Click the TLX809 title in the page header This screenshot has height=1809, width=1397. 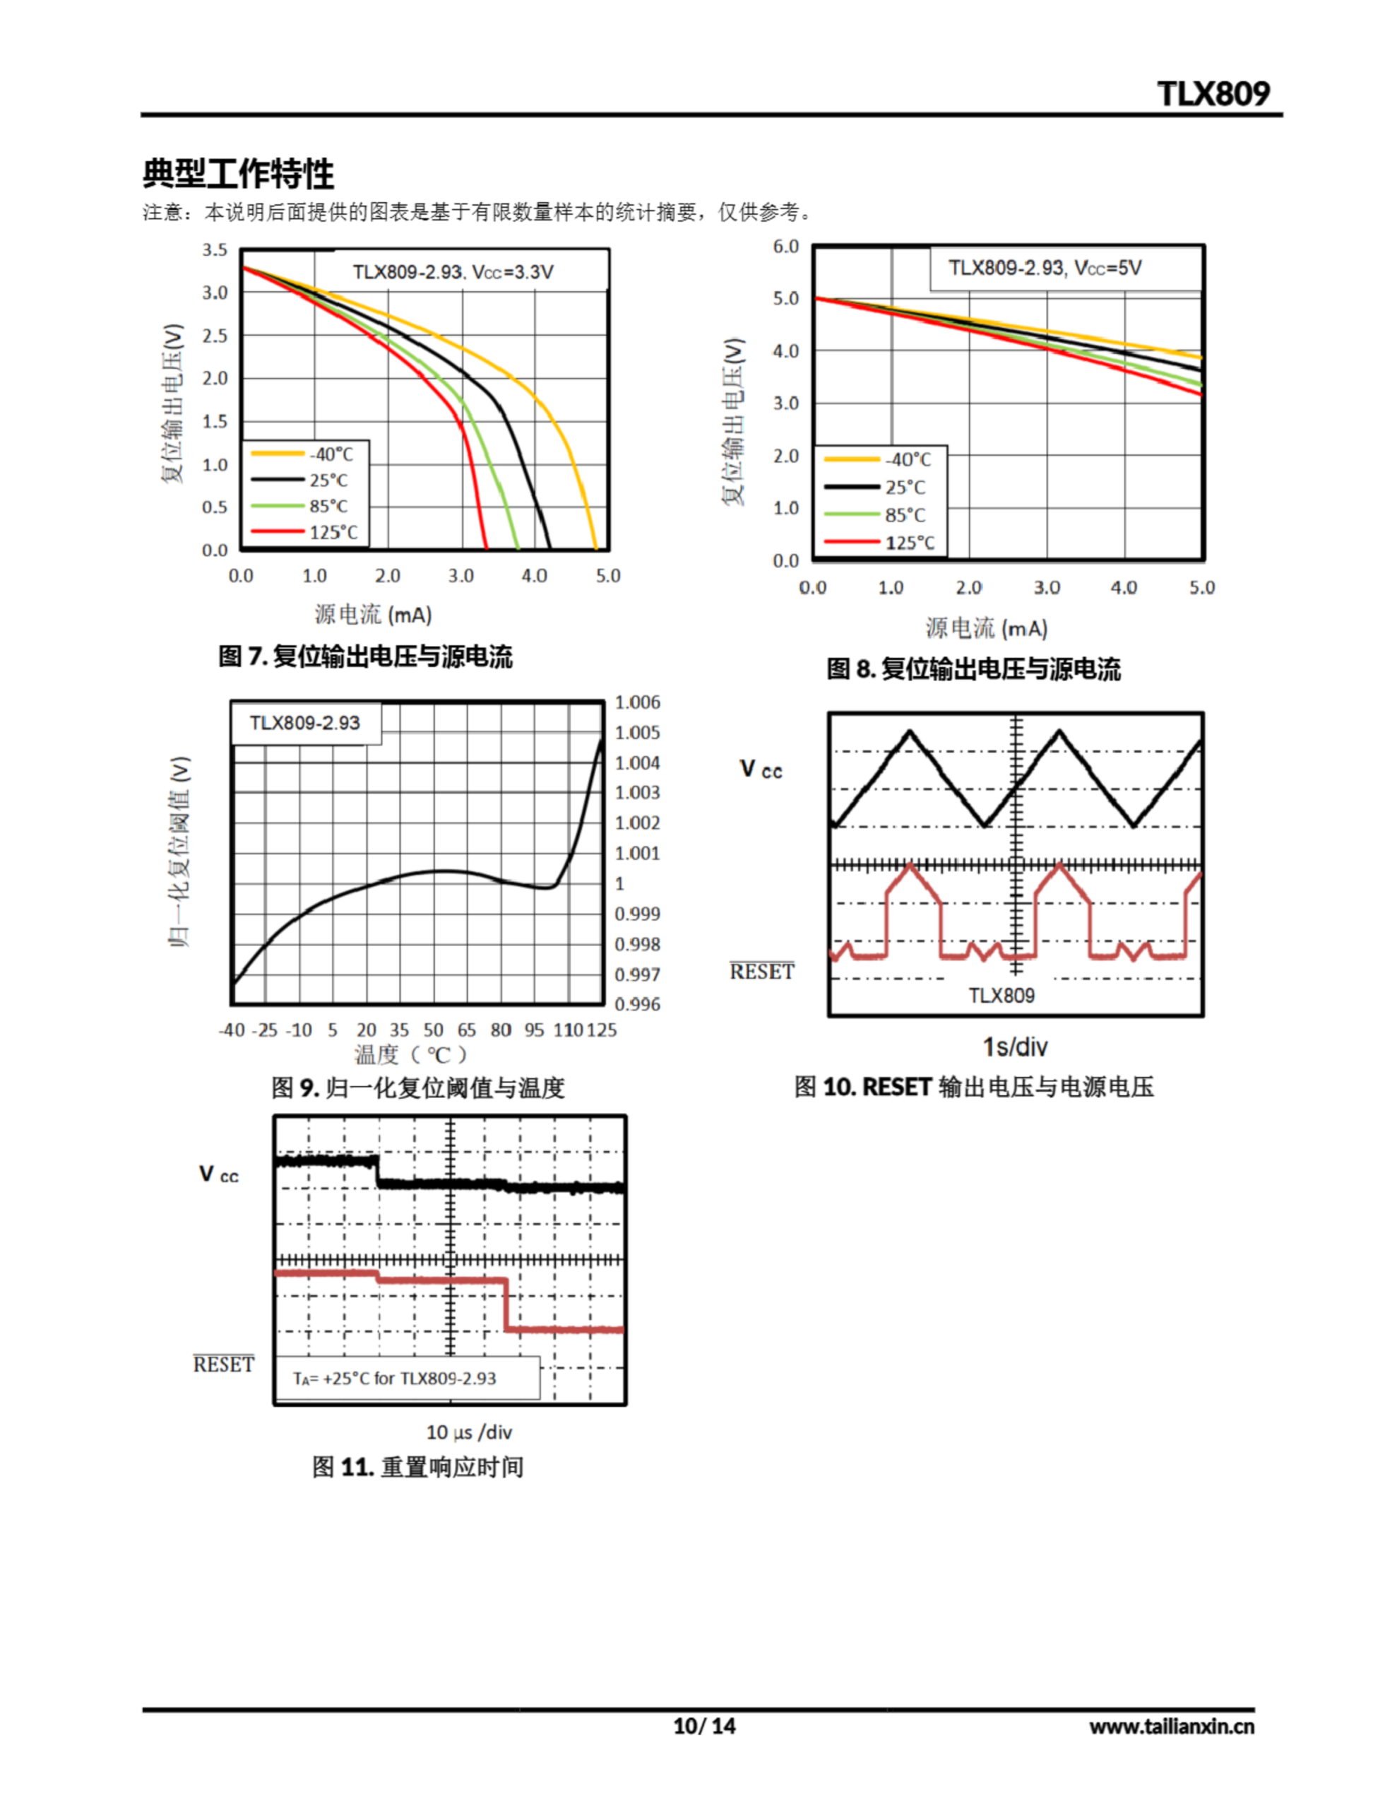click(1213, 93)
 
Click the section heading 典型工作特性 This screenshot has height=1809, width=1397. click(239, 174)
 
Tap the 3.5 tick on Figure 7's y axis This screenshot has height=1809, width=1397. click(215, 250)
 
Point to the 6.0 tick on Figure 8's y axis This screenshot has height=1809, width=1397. click(785, 247)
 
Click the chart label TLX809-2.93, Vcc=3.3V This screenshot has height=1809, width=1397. click(453, 271)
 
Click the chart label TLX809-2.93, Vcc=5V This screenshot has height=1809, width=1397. click(1045, 268)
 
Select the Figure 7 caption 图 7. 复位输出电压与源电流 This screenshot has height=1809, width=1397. click(365, 657)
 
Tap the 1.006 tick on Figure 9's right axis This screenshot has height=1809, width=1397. click(637, 702)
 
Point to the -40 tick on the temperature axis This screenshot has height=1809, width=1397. click(232, 1030)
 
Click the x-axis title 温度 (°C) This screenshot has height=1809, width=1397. click(411, 1054)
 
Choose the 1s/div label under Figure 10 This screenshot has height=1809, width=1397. click(1015, 1047)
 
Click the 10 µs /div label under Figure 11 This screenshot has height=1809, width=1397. click(469, 1432)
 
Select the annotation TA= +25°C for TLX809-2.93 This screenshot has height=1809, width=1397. click(394, 1378)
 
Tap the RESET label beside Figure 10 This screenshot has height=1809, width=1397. click(761, 972)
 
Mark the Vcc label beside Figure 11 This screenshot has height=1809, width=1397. click(219, 1174)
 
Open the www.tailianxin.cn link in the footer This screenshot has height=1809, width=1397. click(1172, 1726)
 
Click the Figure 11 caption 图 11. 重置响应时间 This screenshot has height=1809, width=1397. click(417, 1467)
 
